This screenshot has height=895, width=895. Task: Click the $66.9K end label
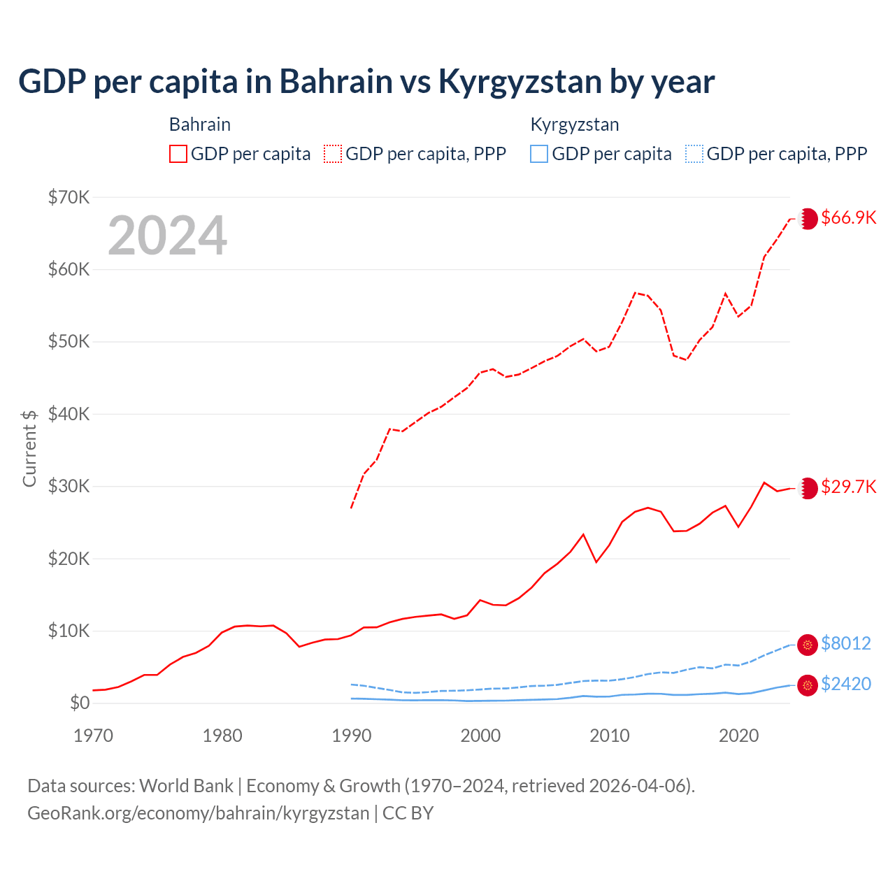[848, 217]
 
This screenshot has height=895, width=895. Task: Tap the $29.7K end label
[848, 487]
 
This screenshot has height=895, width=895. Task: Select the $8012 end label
[845, 643]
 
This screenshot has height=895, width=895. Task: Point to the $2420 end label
[845, 684]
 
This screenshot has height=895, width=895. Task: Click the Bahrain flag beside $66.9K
[808, 218]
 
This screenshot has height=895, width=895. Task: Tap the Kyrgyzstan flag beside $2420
[808, 685]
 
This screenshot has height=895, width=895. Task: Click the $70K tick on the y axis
[69, 197]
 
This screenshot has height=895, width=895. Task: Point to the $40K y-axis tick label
[69, 414]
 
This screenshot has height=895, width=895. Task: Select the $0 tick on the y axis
[80, 703]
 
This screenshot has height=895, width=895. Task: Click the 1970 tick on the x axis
[93, 736]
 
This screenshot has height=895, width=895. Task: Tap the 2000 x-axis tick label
[480, 736]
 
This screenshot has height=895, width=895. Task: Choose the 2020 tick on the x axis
[739, 736]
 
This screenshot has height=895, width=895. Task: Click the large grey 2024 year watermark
[167, 236]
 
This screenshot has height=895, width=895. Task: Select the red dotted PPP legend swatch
[333, 154]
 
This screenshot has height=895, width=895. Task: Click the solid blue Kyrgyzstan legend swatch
[538, 154]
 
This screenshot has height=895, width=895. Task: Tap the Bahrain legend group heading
[200, 124]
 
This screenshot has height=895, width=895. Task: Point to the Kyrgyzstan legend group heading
[575, 124]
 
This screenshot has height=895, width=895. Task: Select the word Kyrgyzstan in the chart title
[520, 81]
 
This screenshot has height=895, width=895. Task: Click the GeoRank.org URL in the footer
[198, 813]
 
